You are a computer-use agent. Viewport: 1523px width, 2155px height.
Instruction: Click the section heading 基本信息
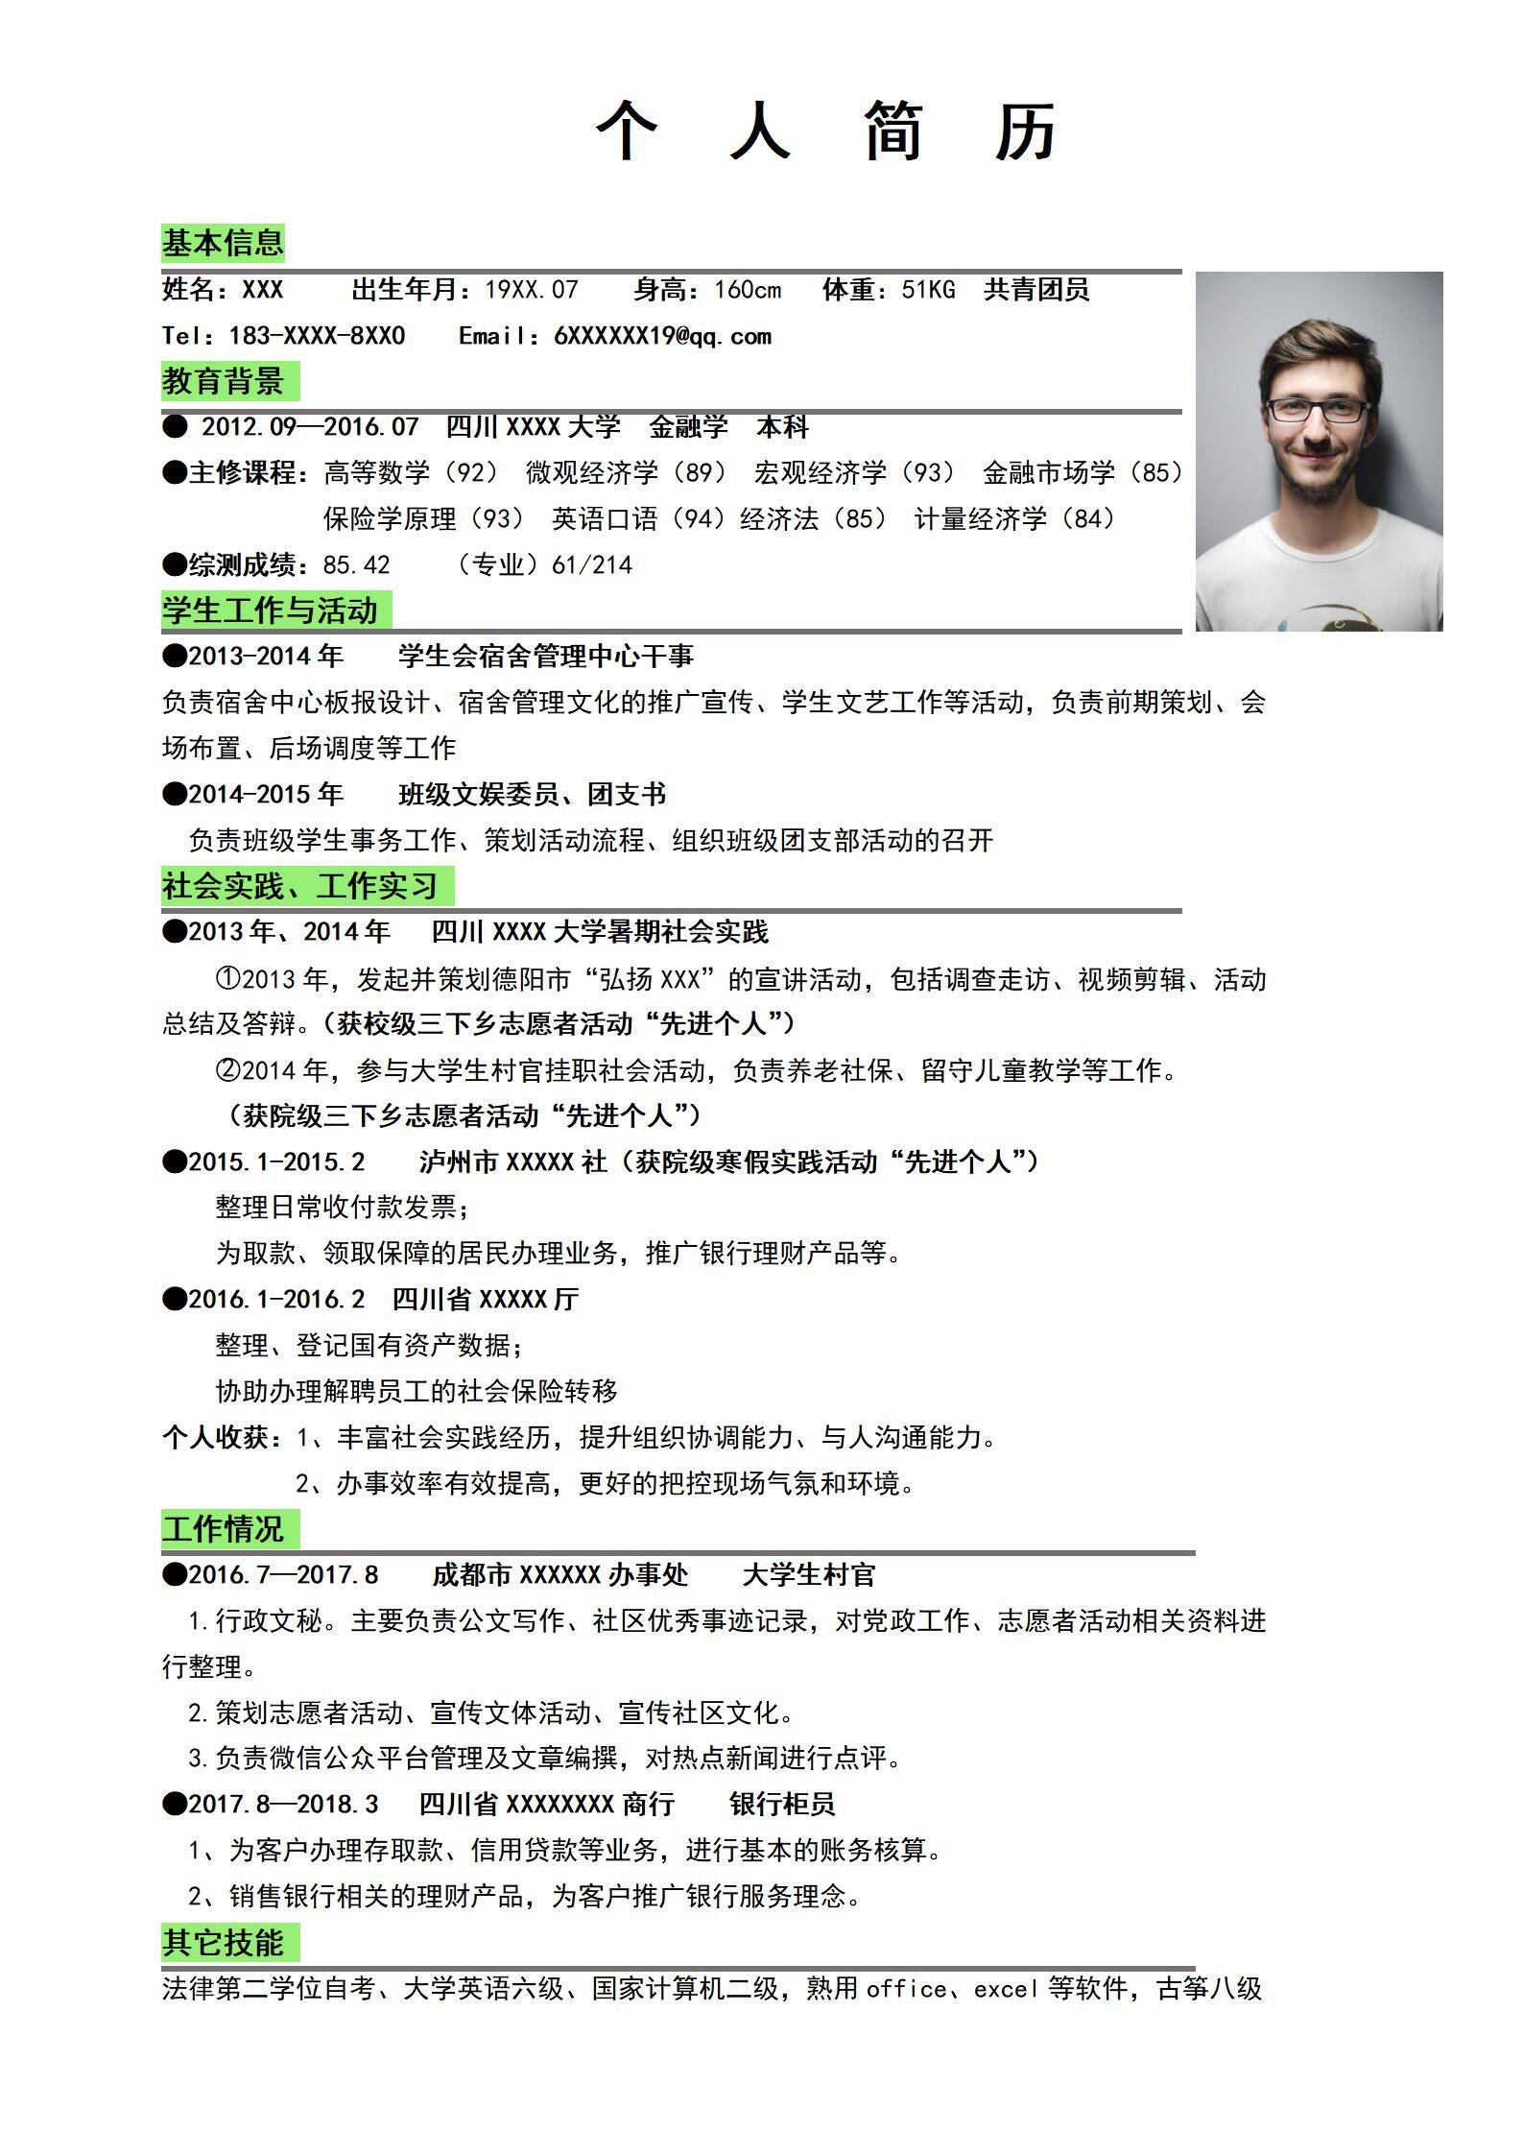223,243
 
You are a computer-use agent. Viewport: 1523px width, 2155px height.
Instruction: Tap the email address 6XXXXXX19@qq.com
662,336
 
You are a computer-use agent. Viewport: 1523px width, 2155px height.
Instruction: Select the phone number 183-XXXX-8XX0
317,336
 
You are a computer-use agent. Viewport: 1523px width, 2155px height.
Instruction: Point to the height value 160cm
748,290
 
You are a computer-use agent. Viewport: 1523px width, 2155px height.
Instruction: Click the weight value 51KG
928,290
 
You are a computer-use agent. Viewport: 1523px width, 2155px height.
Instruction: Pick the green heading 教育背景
223,381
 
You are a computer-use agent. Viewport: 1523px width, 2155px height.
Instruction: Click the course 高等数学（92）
412,472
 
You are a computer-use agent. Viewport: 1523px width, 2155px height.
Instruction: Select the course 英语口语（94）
638,519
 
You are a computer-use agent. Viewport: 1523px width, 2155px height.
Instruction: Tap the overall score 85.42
356,564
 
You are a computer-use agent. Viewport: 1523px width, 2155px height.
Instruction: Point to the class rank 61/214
592,564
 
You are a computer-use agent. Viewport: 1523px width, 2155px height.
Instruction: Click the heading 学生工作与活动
270,611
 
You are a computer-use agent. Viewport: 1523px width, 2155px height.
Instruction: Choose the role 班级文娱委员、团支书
532,794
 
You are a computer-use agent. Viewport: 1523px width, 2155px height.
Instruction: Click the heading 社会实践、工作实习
299,885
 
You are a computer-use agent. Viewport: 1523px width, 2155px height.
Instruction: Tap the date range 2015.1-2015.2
276,1161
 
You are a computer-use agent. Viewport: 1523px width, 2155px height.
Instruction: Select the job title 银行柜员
782,1804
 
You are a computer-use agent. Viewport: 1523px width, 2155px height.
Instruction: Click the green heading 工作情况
223,1529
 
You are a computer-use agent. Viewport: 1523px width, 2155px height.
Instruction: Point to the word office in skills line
906,1988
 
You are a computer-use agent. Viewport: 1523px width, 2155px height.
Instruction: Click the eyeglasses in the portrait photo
1318,411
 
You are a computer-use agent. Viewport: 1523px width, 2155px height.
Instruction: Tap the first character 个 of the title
627,131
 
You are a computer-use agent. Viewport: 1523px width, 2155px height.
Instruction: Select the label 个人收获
216,1437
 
